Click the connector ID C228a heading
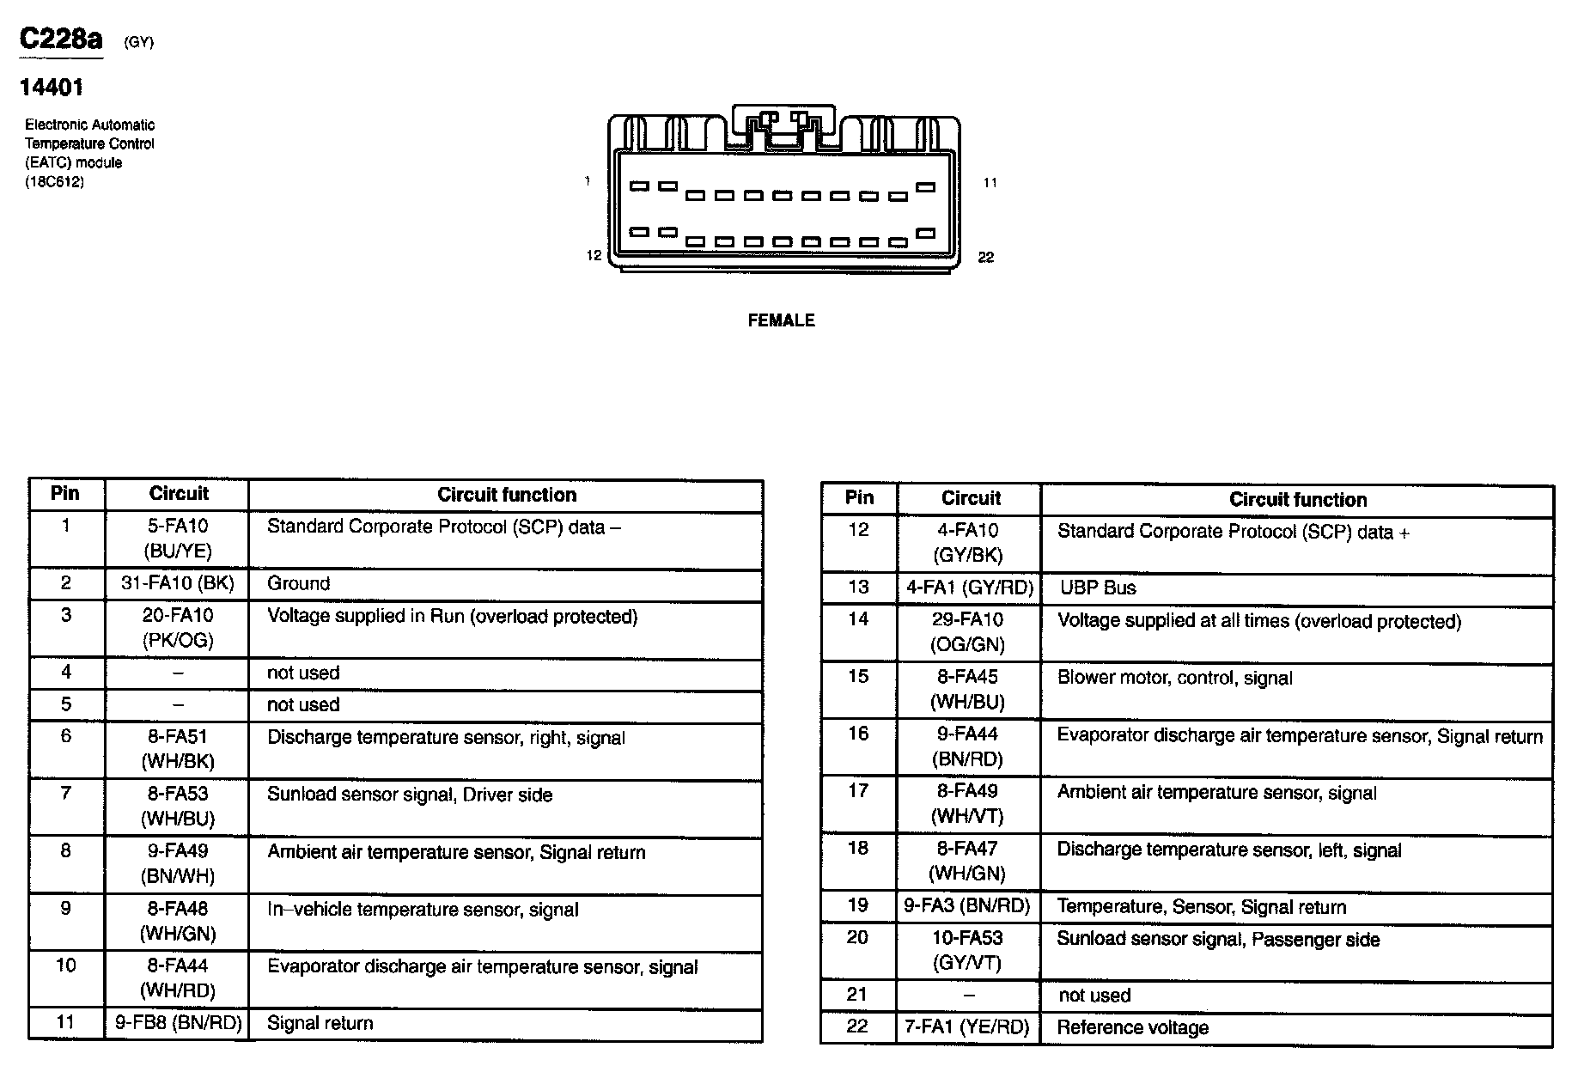coord(61,39)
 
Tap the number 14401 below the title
coord(52,87)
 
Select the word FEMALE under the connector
coord(781,320)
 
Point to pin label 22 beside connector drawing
coord(985,258)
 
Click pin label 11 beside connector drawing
coord(990,183)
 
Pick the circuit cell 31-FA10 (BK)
coord(177,584)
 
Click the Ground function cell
coord(298,584)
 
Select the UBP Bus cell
coord(1097,588)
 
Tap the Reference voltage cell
coord(1132,1028)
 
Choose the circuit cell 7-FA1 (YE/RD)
coord(966,1027)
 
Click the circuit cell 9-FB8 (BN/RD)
coord(178,1023)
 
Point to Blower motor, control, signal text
coord(1174,679)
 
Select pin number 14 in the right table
coord(858,619)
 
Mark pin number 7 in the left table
coord(65,794)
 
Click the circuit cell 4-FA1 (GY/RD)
coord(969,588)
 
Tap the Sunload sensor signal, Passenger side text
coord(1217,940)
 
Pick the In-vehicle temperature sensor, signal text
coord(423,910)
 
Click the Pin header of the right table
coord(859,498)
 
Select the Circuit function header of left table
coord(506,495)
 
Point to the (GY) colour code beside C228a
coord(138,42)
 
